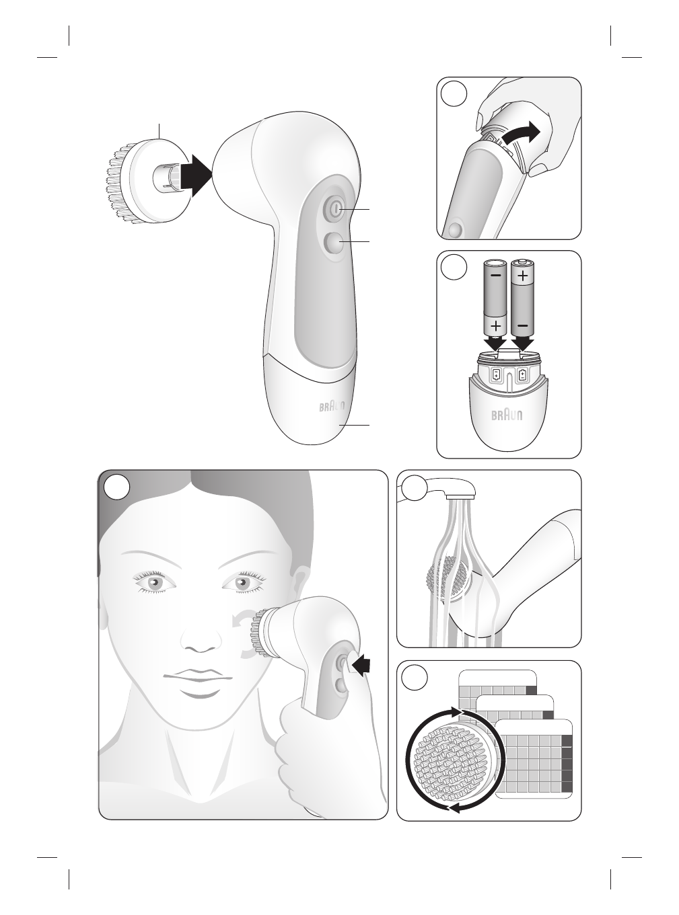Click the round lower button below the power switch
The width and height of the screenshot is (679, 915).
point(332,242)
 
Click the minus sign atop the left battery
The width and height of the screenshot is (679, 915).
point(496,276)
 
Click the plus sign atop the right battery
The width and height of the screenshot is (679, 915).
point(523,276)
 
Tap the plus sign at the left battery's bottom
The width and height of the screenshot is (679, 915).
point(496,326)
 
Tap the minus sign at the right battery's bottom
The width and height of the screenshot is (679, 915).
point(523,326)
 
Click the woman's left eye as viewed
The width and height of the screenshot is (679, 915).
point(154,581)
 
